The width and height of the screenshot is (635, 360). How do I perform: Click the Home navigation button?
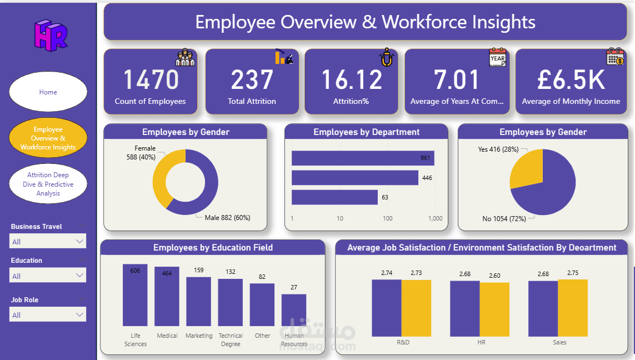(x=48, y=92)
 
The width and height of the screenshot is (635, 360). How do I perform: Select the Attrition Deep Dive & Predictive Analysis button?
(x=48, y=184)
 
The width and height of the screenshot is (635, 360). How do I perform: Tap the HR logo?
(x=51, y=35)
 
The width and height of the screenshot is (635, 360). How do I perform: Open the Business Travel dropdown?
(x=48, y=242)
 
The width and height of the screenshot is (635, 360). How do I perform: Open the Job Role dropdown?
(x=48, y=315)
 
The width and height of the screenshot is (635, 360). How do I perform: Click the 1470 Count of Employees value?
(x=151, y=79)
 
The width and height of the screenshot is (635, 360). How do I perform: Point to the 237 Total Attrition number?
(x=252, y=79)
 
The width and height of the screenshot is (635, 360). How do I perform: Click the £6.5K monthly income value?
(x=571, y=79)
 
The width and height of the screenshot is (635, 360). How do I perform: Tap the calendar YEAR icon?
(x=497, y=57)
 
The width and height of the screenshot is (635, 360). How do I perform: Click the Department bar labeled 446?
(x=354, y=178)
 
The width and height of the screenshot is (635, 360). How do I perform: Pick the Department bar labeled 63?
(x=334, y=197)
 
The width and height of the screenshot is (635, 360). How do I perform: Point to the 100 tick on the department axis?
(x=387, y=218)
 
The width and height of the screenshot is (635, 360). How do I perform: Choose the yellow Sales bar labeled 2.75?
(x=572, y=308)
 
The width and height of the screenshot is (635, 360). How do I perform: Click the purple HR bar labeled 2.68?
(x=464, y=308)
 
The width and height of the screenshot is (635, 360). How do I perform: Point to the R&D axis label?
(x=403, y=342)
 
